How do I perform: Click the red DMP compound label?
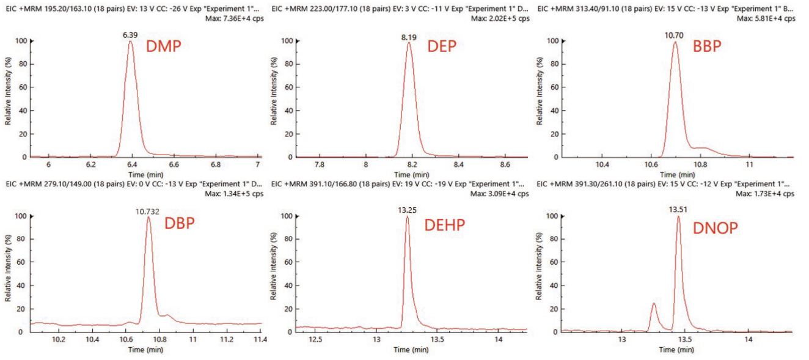pos(163,46)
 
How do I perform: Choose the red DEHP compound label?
pos(444,225)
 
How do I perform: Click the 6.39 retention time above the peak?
pos(130,35)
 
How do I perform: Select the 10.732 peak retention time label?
pos(148,211)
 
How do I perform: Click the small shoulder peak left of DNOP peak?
pos(653,304)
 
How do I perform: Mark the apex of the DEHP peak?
pos(407,217)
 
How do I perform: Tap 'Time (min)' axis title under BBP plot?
pos(675,174)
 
